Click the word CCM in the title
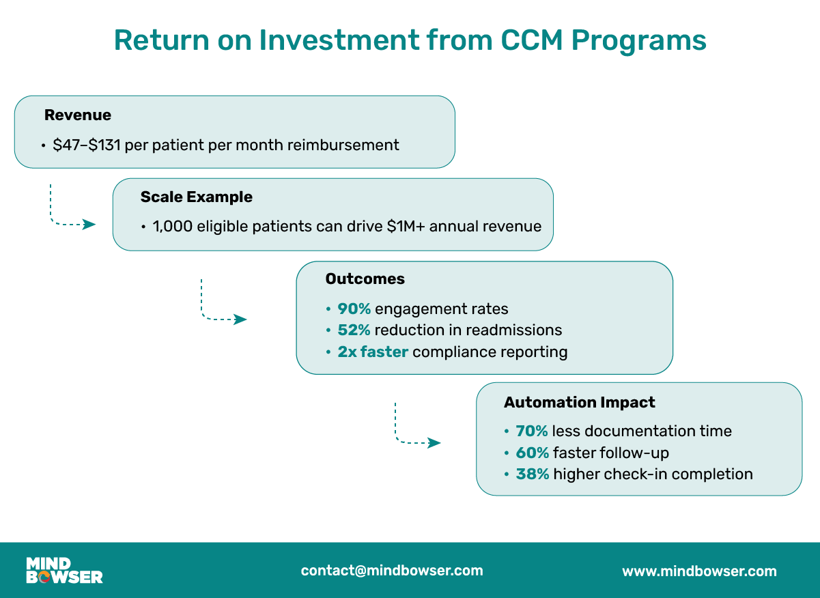tap(532, 40)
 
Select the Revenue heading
tap(78, 115)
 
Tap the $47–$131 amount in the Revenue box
tap(87, 145)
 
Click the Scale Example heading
tap(196, 197)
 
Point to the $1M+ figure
tap(406, 226)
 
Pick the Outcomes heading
tap(365, 279)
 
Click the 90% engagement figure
tap(354, 309)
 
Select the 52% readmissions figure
tap(354, 330)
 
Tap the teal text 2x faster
tap(373, 352)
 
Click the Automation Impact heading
tap(580, 402)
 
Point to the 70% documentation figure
tap(532, 431)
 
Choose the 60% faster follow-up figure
tap(533, 453)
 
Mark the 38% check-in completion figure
tap(533, 474)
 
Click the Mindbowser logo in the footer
tap(64, 570)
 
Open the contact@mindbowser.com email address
tap(392, 571)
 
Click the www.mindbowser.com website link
tap(699, 571)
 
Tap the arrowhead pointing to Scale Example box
tap(89, 225)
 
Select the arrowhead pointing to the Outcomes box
tap(240, 319)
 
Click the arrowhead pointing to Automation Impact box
tap(434, 443)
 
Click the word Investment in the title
tap(339, 40)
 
